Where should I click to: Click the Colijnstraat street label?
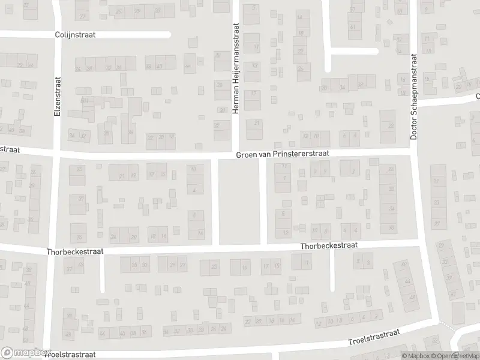[75, 35]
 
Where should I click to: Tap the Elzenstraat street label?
[58, 96]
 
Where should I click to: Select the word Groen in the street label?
[247, 154]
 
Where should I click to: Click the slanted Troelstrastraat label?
[374, 338]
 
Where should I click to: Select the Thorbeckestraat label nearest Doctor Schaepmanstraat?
[329, 246]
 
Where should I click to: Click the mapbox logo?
[26, 353]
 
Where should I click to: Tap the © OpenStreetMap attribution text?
[454, 356]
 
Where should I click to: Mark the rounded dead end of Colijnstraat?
[169, 34]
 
